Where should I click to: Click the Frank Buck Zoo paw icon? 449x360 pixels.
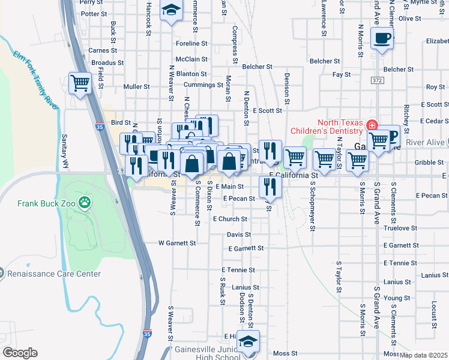[x=86, y=203]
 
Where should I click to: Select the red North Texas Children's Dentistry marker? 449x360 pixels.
[x=372, y=126]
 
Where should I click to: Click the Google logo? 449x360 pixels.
[x=20, y=353]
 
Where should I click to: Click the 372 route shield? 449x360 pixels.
[x=377, y=80]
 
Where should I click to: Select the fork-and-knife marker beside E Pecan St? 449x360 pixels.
[x=269, y=187]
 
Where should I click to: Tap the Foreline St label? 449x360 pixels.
[x=191, y=44]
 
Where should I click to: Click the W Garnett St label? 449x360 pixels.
[x=177, y=244]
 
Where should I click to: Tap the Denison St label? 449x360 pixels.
[x=287, y=89]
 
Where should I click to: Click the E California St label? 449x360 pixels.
[x=292, y=175]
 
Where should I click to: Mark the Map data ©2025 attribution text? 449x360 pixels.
[x=424, y=355]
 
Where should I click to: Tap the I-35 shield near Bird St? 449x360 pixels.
[x=99, y=127]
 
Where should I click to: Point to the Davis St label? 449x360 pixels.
[x=239, y=235]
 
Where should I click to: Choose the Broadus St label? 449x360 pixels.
[x=108, y=62]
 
